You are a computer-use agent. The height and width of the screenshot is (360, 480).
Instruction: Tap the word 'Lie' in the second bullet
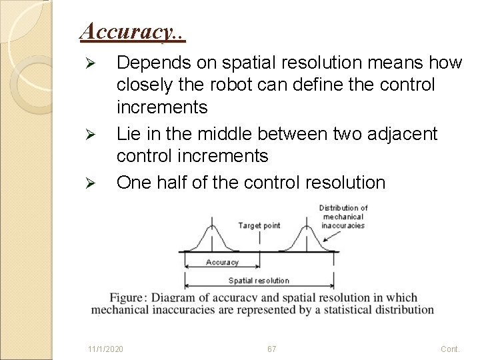click(x=129, y=135)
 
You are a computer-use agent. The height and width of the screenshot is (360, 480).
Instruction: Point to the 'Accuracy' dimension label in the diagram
click(x=222, y=262)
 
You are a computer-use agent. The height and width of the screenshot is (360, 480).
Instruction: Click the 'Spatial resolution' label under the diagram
click(x=259, y=281)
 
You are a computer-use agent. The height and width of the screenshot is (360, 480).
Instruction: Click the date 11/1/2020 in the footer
click(x=105, y=349)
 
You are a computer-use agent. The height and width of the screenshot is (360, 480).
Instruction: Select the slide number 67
click(x=271, y=349)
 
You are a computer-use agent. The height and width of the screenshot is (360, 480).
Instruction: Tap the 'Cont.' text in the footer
click(x=451, y=349)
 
